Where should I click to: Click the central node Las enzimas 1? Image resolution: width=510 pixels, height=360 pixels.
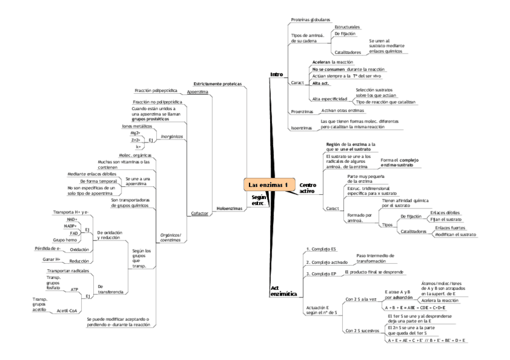click(269, 185)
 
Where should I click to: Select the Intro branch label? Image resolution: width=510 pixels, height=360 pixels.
click(277, 75)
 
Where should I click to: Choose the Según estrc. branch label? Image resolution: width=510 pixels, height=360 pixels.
click(259, 200)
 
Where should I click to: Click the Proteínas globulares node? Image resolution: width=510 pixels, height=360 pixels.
click(310, 20)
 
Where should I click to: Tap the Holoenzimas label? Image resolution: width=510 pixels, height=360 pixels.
click(229, 208)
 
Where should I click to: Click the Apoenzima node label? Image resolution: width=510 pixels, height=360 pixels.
click(197, 93)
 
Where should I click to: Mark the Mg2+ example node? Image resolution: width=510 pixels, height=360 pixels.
click(135, 133)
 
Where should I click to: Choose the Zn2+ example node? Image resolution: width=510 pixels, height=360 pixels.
click(135, 140)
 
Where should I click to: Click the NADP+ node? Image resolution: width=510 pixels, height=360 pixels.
click(72, 226)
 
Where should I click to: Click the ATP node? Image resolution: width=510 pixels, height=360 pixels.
click(75, 289)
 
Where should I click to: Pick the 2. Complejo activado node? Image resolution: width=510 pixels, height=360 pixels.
click(325, 262)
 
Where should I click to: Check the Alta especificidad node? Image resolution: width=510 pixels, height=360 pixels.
click(329, 98)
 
